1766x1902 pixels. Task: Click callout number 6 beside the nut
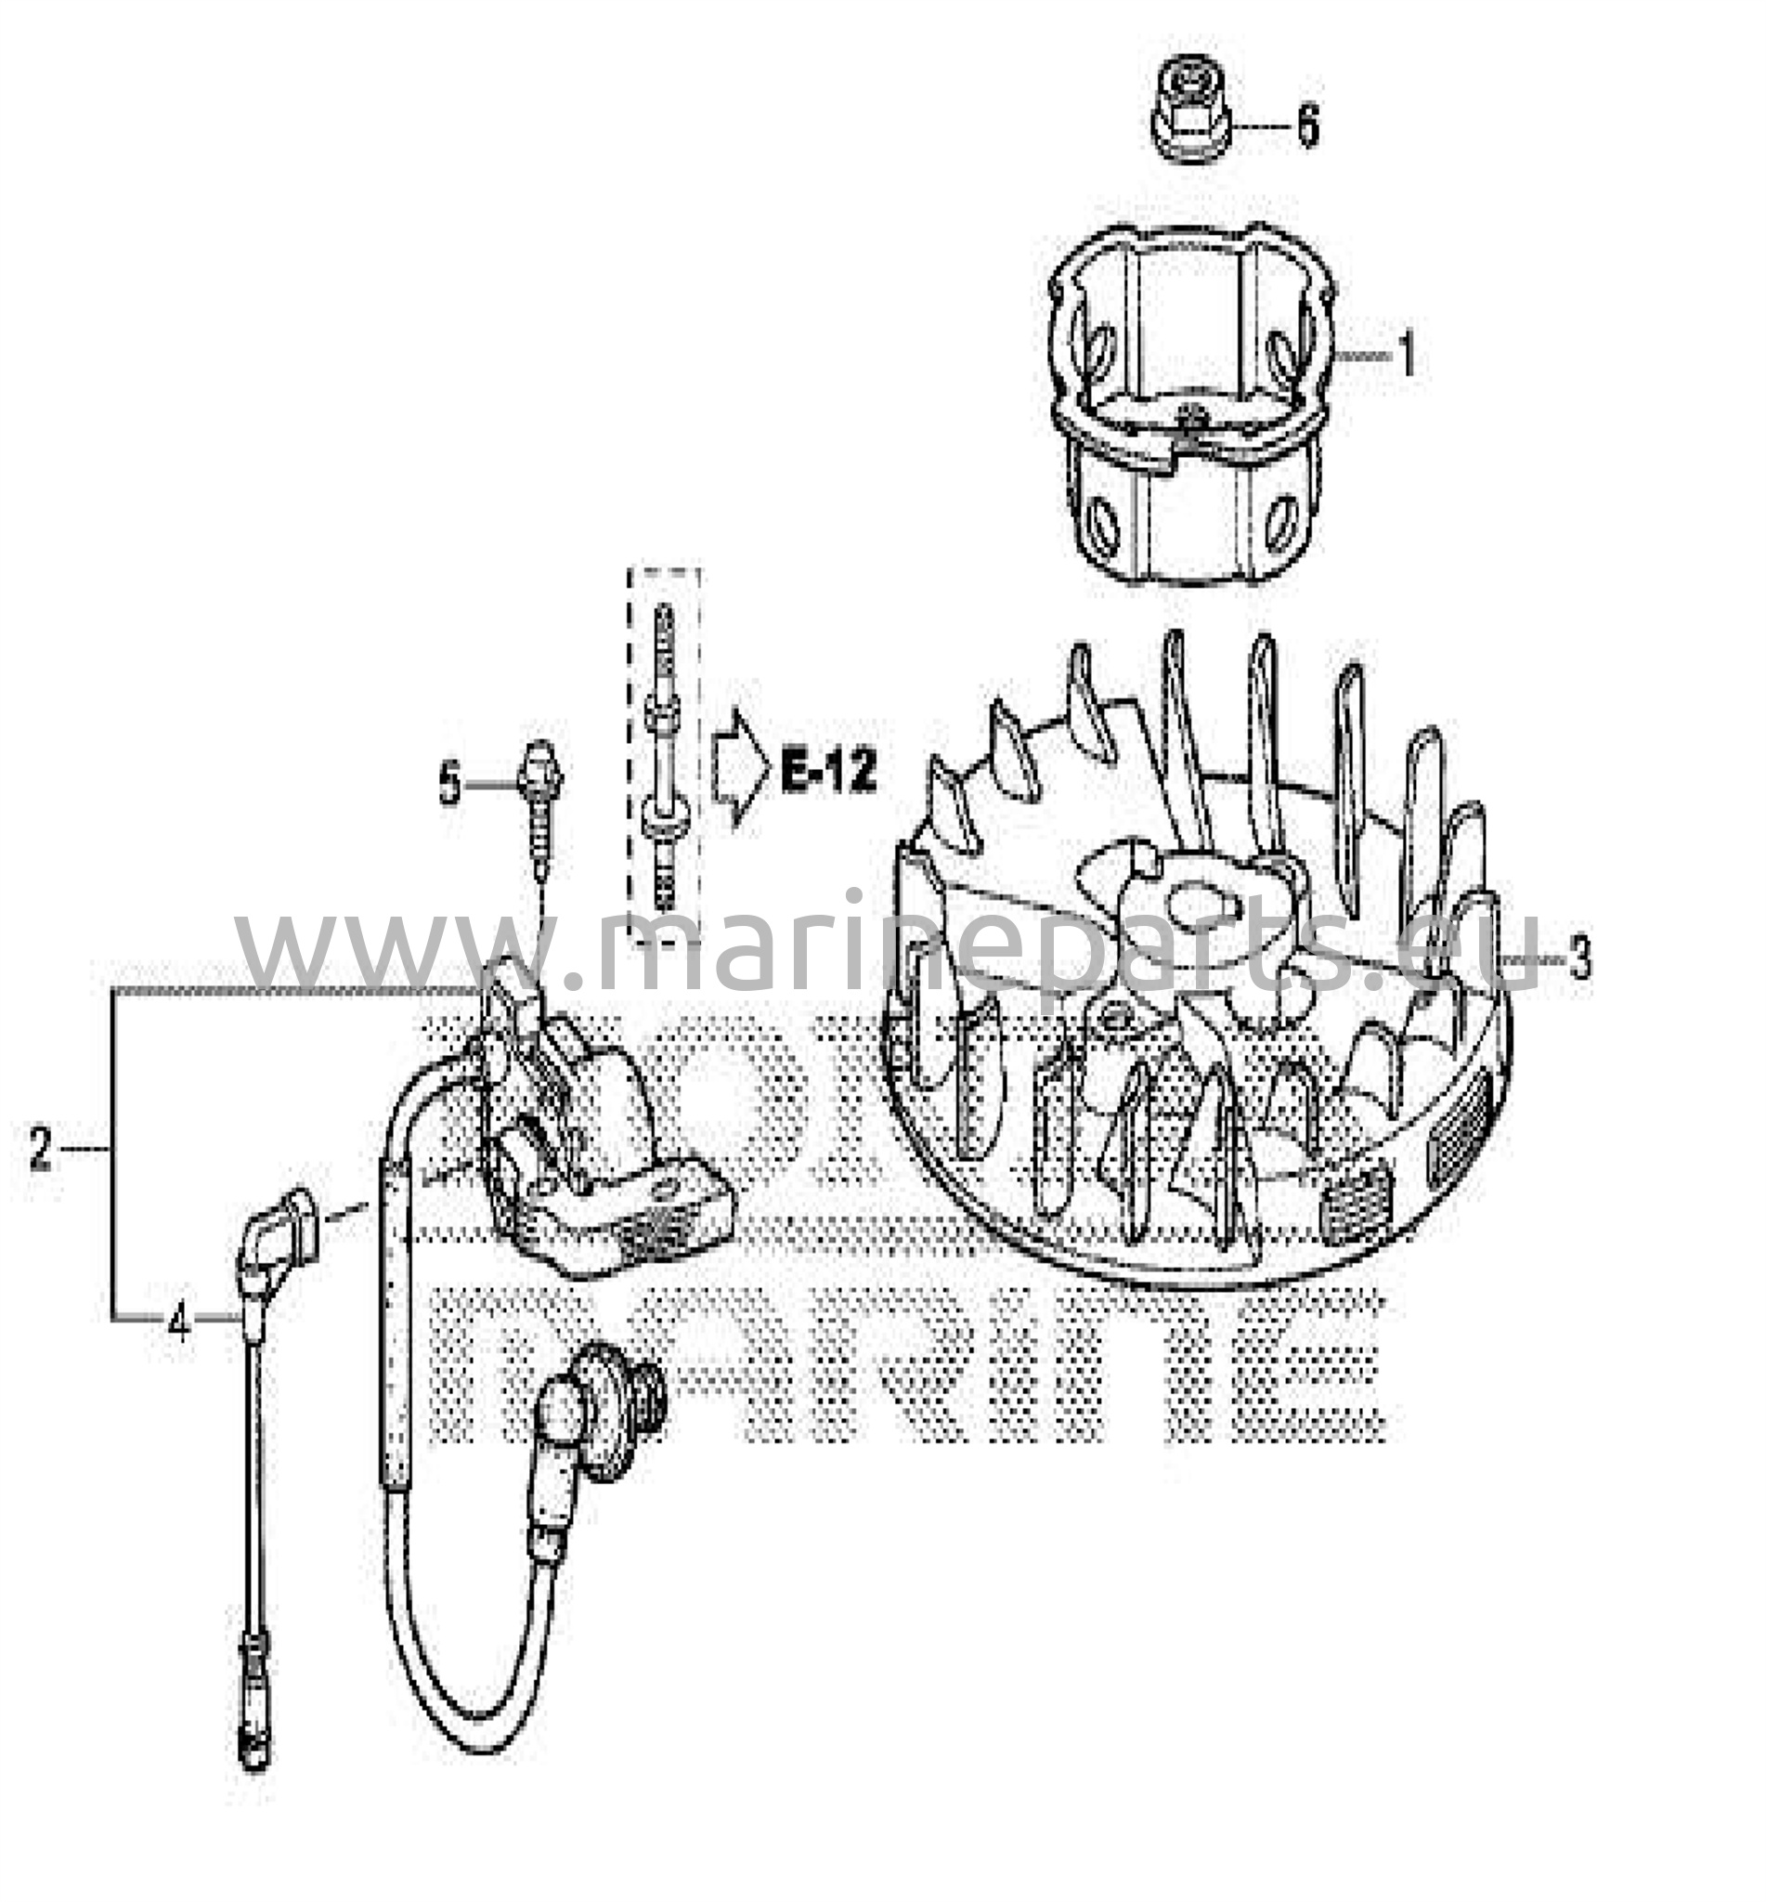1307,125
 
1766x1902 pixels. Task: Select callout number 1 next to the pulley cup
1406,355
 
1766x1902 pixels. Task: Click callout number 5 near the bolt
449,786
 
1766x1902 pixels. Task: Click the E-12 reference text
827,773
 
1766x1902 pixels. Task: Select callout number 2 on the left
39,1150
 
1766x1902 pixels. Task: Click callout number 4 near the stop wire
178,1322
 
